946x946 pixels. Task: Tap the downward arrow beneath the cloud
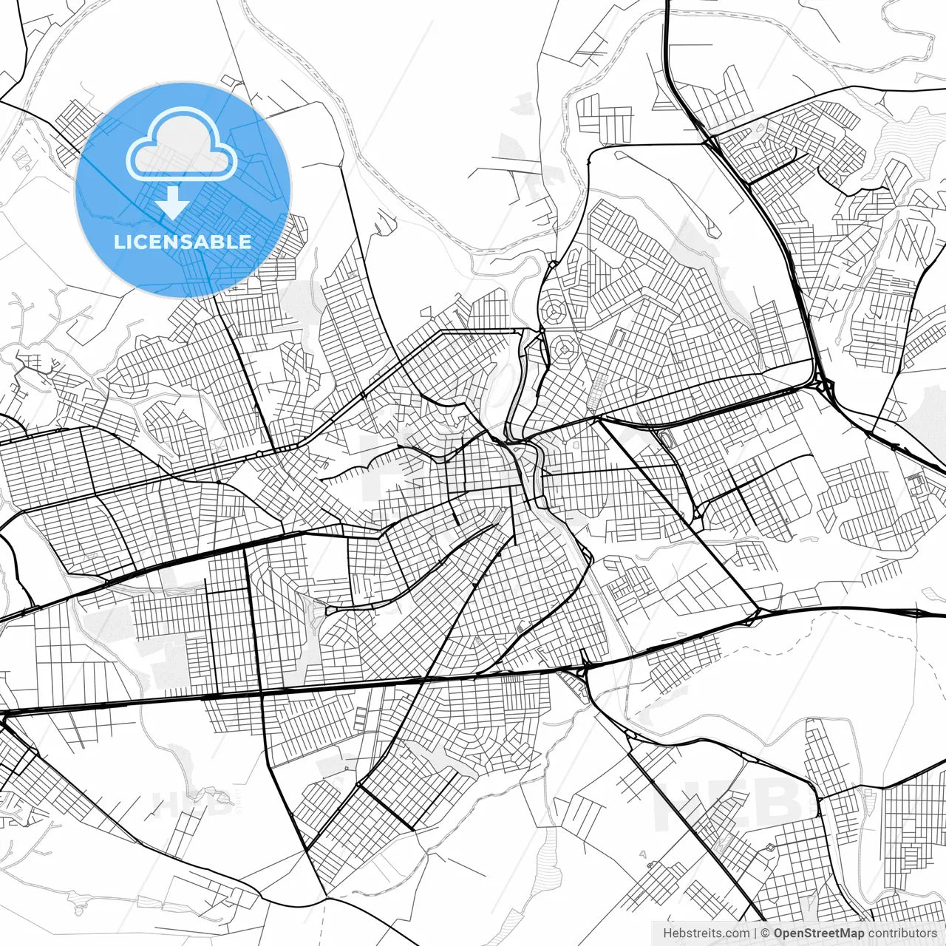pyautogui.click(x=172, y=203)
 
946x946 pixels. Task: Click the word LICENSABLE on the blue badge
pyautogui.click(x=183, y=242)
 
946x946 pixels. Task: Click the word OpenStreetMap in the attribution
pyautogui.click(x=818, y=933)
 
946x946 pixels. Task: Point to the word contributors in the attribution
pyautogui.click(x=902, y=933)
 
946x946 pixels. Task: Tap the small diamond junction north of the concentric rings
pyautogui.click(x=552, y=264)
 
